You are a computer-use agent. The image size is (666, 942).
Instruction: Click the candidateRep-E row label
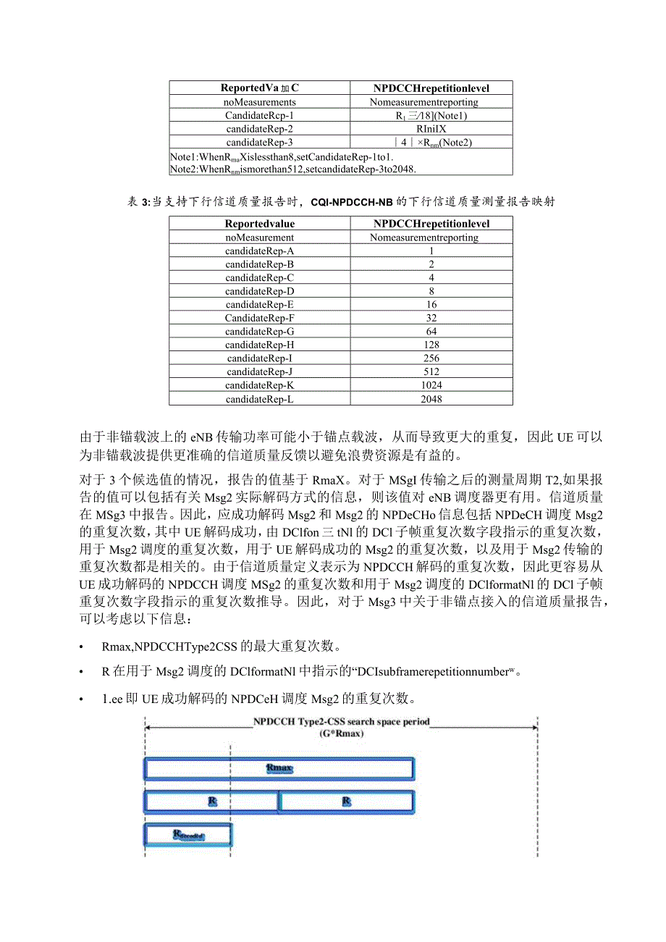[x=259, y=305]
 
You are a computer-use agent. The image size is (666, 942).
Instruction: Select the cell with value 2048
[x=431, y=399]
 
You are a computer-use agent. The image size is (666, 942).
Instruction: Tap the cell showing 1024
[x=431, y=385]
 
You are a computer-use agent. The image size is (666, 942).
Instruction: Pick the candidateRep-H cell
[x=259, y=345]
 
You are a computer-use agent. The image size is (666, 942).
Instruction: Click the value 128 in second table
[x=431, y=345]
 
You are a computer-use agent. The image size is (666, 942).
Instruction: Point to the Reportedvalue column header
[x=259, y=224]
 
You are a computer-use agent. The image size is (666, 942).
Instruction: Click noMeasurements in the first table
[x=260, y=102]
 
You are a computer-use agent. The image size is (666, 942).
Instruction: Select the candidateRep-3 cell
[x=259, y=143]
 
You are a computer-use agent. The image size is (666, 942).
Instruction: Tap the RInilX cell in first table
[x=431, y=129]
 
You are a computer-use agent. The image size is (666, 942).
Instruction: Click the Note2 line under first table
[x=293, y=169]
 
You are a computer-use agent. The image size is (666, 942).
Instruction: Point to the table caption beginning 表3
[x=341, y=202]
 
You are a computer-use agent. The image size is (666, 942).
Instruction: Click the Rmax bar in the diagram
[x=279, y=768]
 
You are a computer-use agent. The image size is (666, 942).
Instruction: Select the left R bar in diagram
[x=211, y=802]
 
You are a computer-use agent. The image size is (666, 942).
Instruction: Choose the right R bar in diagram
[x=346, y=802]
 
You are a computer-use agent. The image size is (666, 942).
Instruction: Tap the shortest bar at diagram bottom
[x=188, y=835]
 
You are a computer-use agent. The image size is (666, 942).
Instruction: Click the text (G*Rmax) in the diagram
[x=341, y=733]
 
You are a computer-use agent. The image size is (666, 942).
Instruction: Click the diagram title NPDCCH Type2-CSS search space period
[x=341, y=722]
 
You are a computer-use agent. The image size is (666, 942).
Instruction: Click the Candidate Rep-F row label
[x=259, y=318]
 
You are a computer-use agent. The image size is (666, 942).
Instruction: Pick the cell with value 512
[x=431, y=372]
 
